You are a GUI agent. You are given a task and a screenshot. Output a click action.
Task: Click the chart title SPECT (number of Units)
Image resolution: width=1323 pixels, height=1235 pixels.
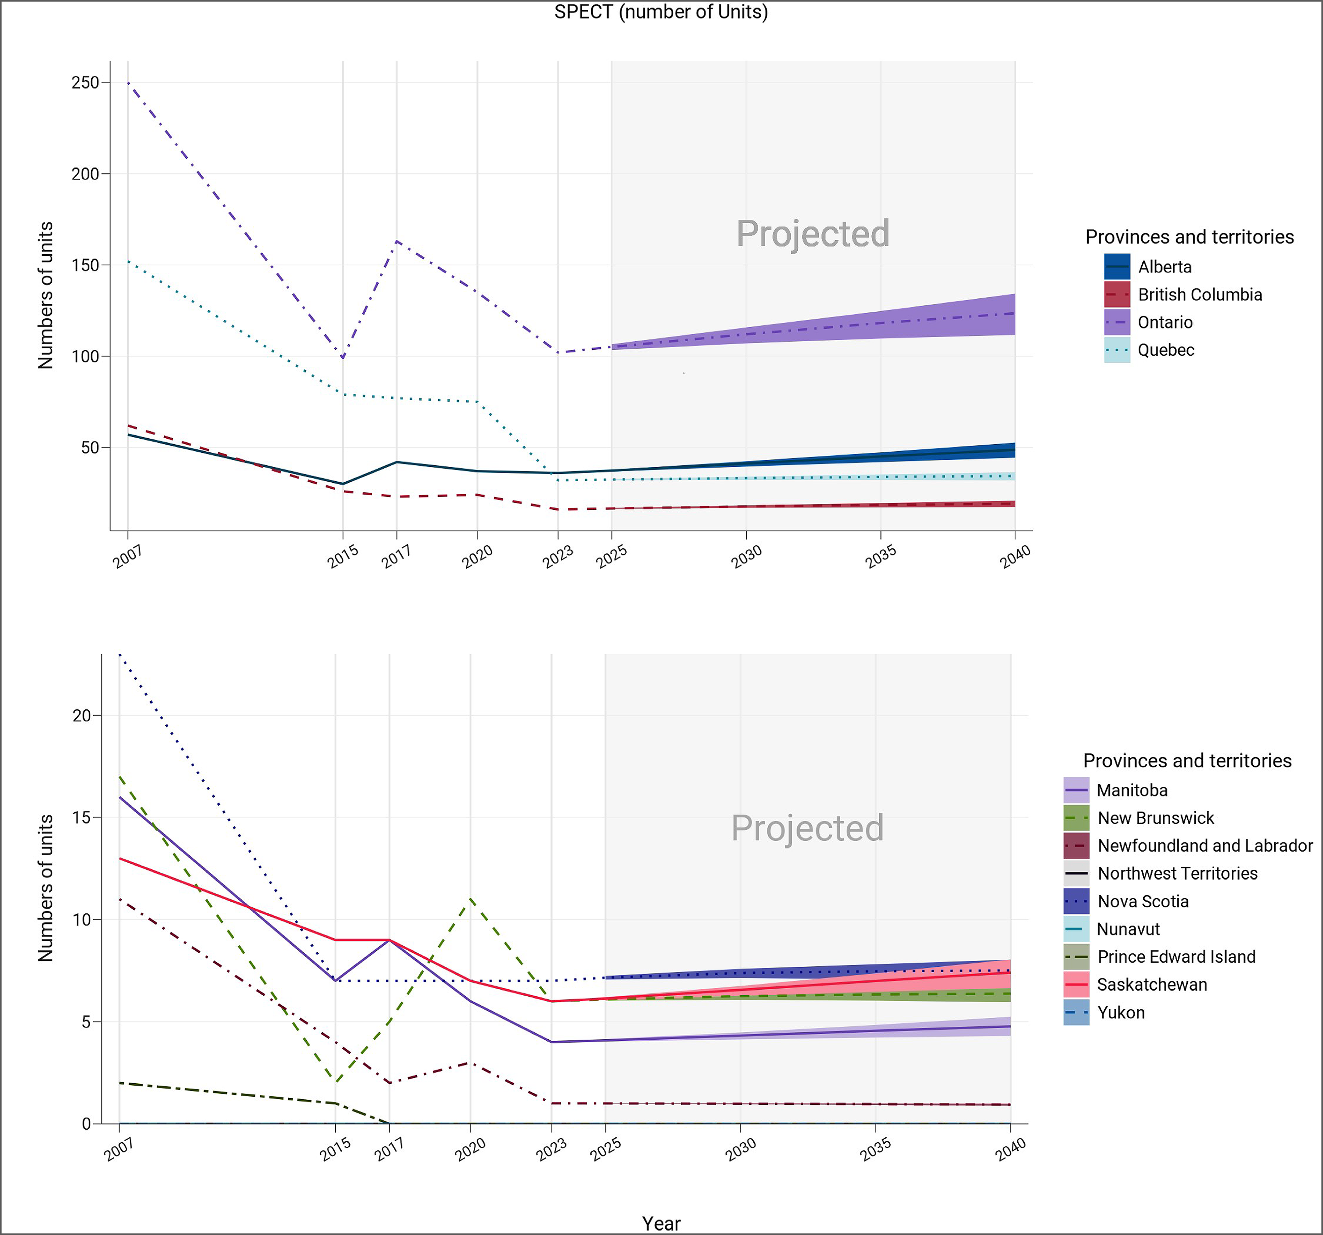[661, 12]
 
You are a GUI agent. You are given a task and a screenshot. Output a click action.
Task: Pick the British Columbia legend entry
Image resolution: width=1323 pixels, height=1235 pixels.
[1199, 295]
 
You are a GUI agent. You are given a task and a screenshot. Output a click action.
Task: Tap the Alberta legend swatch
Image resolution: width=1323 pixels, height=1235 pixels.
[1117, 267]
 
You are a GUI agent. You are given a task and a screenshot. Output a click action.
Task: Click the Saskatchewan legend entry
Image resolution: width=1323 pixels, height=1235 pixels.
[1151, 985]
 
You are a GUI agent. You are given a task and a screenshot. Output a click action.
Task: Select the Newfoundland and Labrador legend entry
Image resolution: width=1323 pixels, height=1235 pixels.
[1204, 846]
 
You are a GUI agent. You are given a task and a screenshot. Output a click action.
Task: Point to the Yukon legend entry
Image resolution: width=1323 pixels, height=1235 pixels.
[1121, 1013]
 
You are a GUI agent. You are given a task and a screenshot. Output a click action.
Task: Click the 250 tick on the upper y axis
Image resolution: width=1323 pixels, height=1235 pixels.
[85, 82]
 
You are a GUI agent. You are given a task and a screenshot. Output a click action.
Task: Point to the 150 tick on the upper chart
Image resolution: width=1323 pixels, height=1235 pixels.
[85, 265]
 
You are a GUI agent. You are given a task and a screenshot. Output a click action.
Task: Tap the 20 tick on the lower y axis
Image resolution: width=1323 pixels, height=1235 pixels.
[81, 715]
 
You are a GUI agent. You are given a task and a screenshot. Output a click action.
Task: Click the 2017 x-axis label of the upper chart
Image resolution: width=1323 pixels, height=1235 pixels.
[396, 556]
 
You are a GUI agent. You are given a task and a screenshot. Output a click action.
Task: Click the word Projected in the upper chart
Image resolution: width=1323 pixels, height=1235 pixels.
[812, 233]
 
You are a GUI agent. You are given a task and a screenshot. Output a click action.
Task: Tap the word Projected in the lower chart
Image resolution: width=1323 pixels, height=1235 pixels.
[807, 828]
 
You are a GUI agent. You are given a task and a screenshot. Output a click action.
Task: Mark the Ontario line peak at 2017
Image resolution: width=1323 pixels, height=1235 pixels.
[397, 241]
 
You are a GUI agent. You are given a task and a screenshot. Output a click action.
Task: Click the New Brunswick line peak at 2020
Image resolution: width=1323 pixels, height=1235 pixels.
[471, 899]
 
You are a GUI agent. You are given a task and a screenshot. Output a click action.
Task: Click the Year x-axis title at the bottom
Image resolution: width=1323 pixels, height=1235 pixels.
[661, 1223]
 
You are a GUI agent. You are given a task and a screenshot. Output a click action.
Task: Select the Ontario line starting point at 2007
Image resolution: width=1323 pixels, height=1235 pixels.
[128, 82]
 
